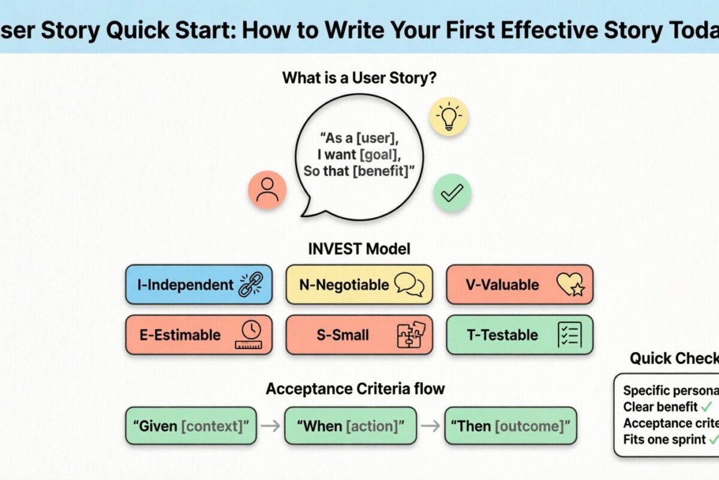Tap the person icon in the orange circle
pos(267,190)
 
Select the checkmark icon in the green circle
pos(452,193)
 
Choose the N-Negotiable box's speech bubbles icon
pos(410,285)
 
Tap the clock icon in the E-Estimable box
pos(250,335)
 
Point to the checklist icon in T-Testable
pos(569,335)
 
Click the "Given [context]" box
pos(191,426)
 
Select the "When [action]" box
pos(351,426)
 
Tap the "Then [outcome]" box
pos(510,426)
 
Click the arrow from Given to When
pos(270,426)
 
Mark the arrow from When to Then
pos(430,426)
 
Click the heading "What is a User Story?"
pos(359,78)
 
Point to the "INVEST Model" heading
pos(359,248)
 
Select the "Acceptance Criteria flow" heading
pos(355,389)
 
